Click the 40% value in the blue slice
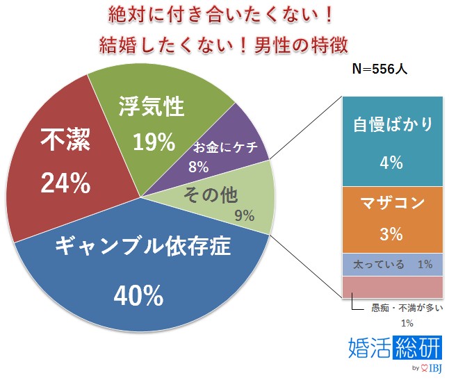pos(139,297)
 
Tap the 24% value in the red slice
pos(65,183)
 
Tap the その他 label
pos(208,195)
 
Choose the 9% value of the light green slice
pos(244,215)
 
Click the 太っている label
pos(376,265)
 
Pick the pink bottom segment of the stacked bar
pos(392,286)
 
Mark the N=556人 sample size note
pos(384,70)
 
